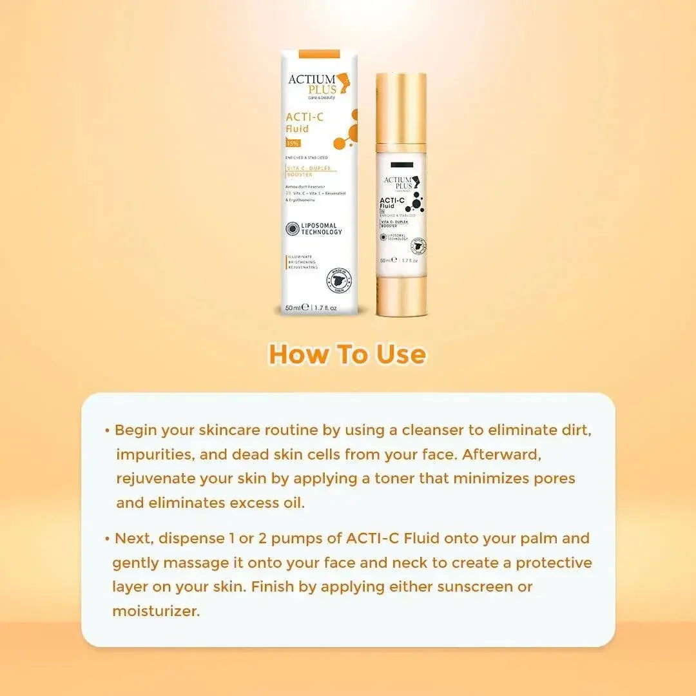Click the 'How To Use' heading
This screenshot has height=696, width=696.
pyautogui.click(x=347, y=354)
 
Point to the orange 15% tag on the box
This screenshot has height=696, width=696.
pyautogui.click(x=293, y=143)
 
